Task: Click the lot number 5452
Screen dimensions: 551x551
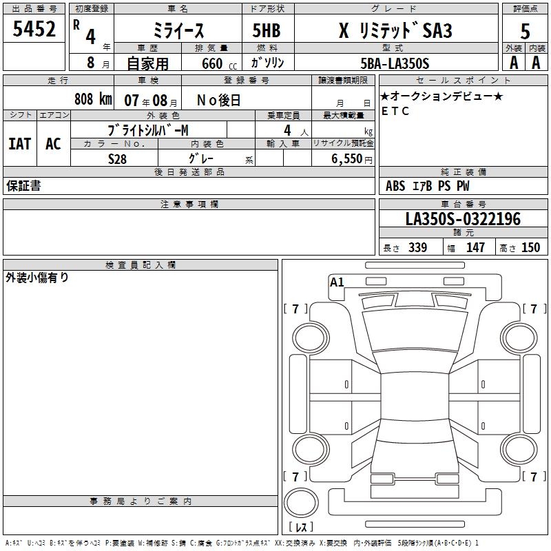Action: (x=34, y=29)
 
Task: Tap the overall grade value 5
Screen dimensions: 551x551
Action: (x=525, y=31)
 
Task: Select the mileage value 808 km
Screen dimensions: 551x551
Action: (x=93, y=99)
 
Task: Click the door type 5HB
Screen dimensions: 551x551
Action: (x=267, y=30)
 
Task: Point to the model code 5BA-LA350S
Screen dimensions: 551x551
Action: (x=395, y=63)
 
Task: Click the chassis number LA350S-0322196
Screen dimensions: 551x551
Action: (x=463, y=219)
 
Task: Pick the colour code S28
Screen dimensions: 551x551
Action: (x=117, y=159)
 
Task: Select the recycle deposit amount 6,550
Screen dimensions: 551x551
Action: (x=346, y=159)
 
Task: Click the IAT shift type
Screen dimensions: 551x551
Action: (x=20, y=144)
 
